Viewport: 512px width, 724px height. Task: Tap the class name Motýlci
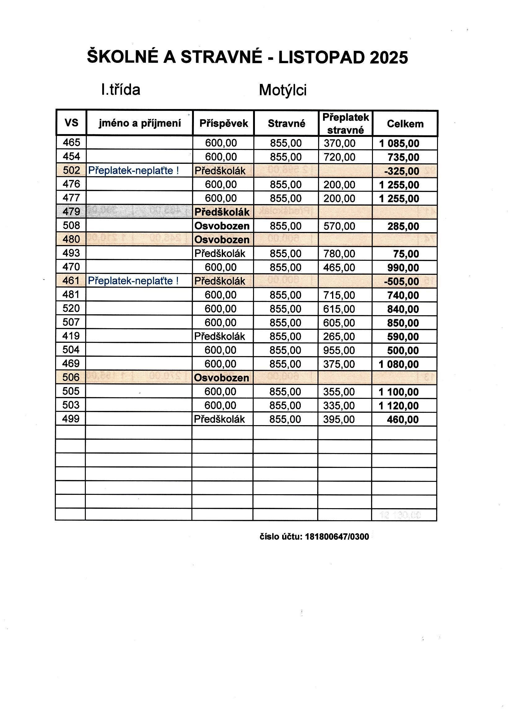pyautogui.click(x=283, y=90)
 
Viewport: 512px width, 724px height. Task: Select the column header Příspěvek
pyautogui.click(x=224, y=123)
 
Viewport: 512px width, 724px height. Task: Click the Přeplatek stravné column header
pyautogui.click(x=345, y=123)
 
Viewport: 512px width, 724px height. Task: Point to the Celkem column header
pyautogui.click(x=405, y=124)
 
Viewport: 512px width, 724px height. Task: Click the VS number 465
pyautogui.click(x=71, y=142)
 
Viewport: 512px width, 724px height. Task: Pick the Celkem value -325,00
pyautogui.click(x=402, y=171)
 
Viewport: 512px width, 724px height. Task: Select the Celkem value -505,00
pyautogui.click(x=401, y=281)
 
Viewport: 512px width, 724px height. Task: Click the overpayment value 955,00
pyautogui.click(x=339, y=350)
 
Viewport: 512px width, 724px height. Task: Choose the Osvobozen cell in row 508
pyautogui.click(x=222, y=226)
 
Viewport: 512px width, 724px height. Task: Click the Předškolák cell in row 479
pyautogui.click(x=222, y=212)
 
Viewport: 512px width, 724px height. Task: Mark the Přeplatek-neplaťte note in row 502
pyautogui.click(x=133, y=171)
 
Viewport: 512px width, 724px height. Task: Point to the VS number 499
pyautogui.click(x=71, y=419)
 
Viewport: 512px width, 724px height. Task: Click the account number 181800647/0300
pyautogui.click(x=337, y=537)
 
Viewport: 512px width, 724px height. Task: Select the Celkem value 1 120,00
pyautogui.click(x=399, y=406)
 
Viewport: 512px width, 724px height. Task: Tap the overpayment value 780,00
pyautogui.click(x=339, y=254)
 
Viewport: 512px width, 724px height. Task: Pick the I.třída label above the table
pyautogui.click(x=120, y=90)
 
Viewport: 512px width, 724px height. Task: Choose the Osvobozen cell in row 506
pyautogui.click(x=221, y=377)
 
